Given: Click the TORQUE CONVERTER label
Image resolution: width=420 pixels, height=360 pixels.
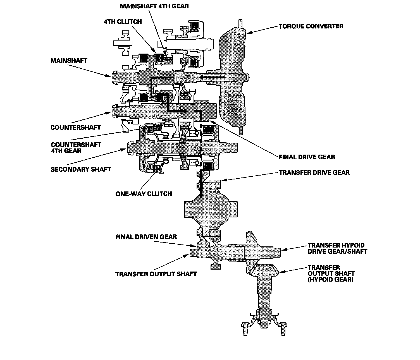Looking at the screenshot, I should point(311,26).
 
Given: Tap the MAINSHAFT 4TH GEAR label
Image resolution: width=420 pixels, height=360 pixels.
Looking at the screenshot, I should point(154,6).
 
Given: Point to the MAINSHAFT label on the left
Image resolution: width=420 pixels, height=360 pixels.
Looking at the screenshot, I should point(69,60).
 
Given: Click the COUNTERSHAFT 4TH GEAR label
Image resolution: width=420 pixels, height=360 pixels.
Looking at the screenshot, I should point(76,148).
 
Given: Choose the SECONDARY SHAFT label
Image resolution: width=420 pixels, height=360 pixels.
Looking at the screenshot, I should point(81,169).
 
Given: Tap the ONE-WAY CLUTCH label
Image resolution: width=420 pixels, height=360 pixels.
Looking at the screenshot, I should point(144,194).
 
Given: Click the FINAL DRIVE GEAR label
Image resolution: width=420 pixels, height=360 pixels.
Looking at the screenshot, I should point(307,157).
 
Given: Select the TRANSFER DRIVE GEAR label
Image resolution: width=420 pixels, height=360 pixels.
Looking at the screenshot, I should point(314,172).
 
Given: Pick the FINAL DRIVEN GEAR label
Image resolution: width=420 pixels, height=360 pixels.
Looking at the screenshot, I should point(146,237).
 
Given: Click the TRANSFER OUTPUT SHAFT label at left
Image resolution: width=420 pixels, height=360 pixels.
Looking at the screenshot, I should point(156,274).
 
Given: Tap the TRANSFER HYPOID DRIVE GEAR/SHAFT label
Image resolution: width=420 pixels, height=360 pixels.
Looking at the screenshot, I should point(337,248).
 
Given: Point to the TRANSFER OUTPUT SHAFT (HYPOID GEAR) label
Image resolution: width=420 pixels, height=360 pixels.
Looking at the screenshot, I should point(331,273).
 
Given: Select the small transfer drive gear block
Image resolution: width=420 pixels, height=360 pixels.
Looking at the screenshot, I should point(214,184).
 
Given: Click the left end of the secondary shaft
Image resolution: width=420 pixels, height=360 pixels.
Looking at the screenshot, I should point(130,147).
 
